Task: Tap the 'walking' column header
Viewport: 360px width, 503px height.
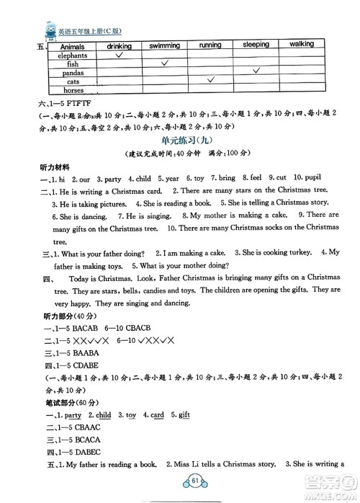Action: pos(302,45)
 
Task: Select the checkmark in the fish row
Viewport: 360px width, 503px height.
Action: pos(165,63)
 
